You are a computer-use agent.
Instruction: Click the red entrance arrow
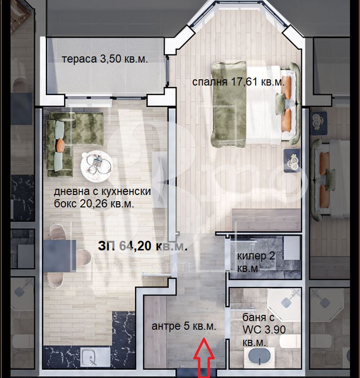[x=204, y=358]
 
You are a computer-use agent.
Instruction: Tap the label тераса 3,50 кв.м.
[x=105, y=59]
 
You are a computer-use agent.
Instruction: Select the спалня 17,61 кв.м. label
[x=238, y=82]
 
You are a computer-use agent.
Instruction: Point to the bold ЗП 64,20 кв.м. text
[x=143, y=246]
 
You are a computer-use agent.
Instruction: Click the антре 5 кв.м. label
[x=184, y=326]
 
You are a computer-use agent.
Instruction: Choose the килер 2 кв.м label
[x=256, y=262]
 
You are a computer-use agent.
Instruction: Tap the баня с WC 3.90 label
[x=264, y=330]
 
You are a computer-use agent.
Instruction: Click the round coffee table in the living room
[x=97, y=166]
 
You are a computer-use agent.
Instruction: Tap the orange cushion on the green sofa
[x=60, y=145]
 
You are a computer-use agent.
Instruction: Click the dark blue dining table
[x=60, y=256]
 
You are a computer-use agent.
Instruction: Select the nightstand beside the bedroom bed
[x=292, y=160]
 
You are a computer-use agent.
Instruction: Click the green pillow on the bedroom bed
[x=281, y=103]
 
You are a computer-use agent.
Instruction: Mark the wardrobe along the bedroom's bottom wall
[x=266, y=220]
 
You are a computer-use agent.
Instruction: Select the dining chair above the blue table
[x=57, y=232]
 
